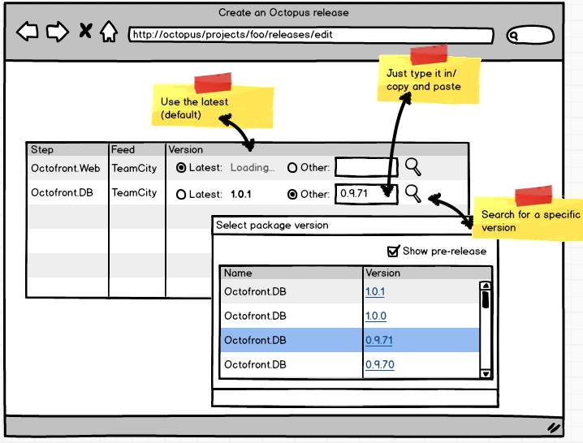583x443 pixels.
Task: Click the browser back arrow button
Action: [x=28, y=32]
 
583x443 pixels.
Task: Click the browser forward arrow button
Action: [x=56, y=32]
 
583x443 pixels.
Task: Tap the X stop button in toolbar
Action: [x=85, y=32]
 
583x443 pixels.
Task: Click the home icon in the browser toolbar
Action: [x=108, y=32]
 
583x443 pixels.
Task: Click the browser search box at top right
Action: [x=531, y=36]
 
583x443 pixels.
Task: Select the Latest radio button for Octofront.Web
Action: [x=181, y=168]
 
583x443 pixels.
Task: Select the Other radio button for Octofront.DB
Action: [x=292, y=195]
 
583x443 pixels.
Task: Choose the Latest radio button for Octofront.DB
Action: [x=181, y=195]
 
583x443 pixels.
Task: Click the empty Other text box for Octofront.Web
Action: [x=365, y=168]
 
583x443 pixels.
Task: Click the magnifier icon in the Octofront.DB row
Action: [x=413, y=193]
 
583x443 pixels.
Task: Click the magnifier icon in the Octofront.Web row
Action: [x=413, y=167]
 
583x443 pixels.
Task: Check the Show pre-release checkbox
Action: [x=394, y=251]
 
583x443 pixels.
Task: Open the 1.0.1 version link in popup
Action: [x=375, y=292]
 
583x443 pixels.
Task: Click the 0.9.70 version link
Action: [x=379, y=365]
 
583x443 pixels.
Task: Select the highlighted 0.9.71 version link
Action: [x=378, y=341]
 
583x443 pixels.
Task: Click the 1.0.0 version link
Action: [x=375, y=316]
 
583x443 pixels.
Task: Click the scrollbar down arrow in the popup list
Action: [x=486, y=373]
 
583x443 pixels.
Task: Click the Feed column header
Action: [x=123, y=150]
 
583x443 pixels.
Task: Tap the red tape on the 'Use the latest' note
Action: [x=212, y=83]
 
